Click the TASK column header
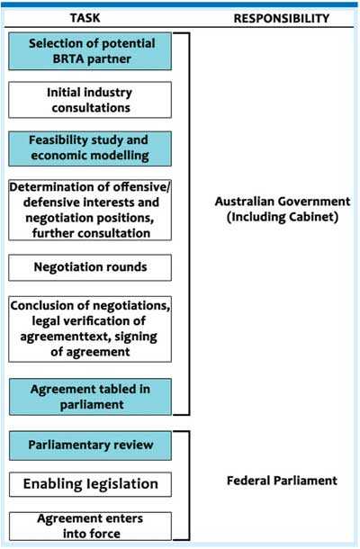pyautogui.click(x=85, y=18)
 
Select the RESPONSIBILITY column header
pyautogui.click(x=282, y=19)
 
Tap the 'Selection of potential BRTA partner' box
pyautogui.click(x=90, y=51)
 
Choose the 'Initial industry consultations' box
pyautogui.click(x=90, y=100)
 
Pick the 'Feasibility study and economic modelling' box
pyautogui.click(x=90, y=148)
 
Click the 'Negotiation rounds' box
pyautogui.click(x=90, y=267)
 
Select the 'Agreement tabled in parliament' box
pyautogui.click(x=90, y=397)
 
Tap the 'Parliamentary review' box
pyautogui.click(x=90, y=445)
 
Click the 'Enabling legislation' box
pyautogui.click(x=90, y=484)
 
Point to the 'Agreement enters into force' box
pyautogui.click(x=90, y=526)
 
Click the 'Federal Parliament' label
pyautogui.click(x=282, y=481)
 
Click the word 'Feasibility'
pyautogui.click(x=53, y=140)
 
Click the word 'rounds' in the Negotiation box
pyautogui.click(x=130, y=267)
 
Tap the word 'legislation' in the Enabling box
pyautogui.click(x=122, y=484)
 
